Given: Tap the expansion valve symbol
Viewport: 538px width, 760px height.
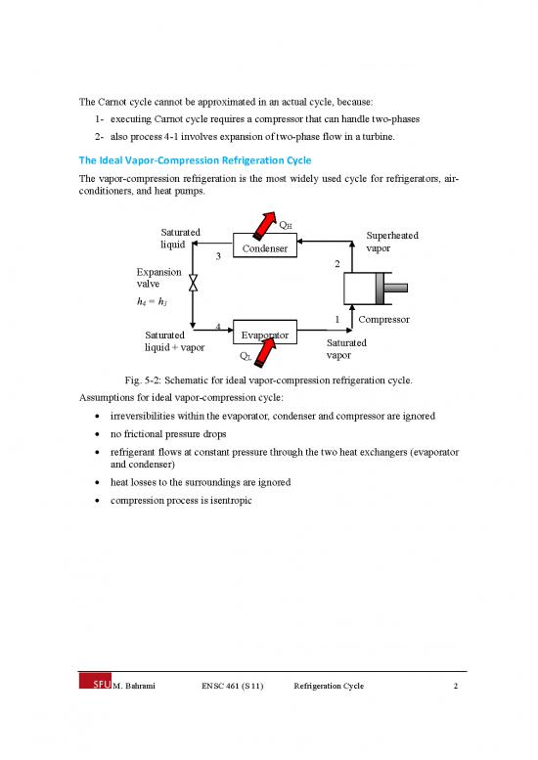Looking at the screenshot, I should pyautogui.click(x=194, y=284).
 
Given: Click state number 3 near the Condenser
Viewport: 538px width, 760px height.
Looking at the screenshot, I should pyautogui.click(x=219, y=256).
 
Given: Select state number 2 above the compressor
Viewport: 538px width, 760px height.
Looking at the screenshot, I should pyautogui.click(x=336, y=264).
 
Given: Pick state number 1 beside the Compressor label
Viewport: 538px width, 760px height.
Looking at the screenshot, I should pyautogui.click(x=336, y=319).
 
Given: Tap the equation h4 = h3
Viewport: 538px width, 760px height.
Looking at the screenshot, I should pyautogui.click(x=155, y=301).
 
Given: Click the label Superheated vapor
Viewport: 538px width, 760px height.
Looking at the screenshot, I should pyautogui.click(x=393, y=242).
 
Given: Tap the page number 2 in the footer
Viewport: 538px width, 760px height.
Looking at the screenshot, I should pyautogui.click(x=457, y=687).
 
